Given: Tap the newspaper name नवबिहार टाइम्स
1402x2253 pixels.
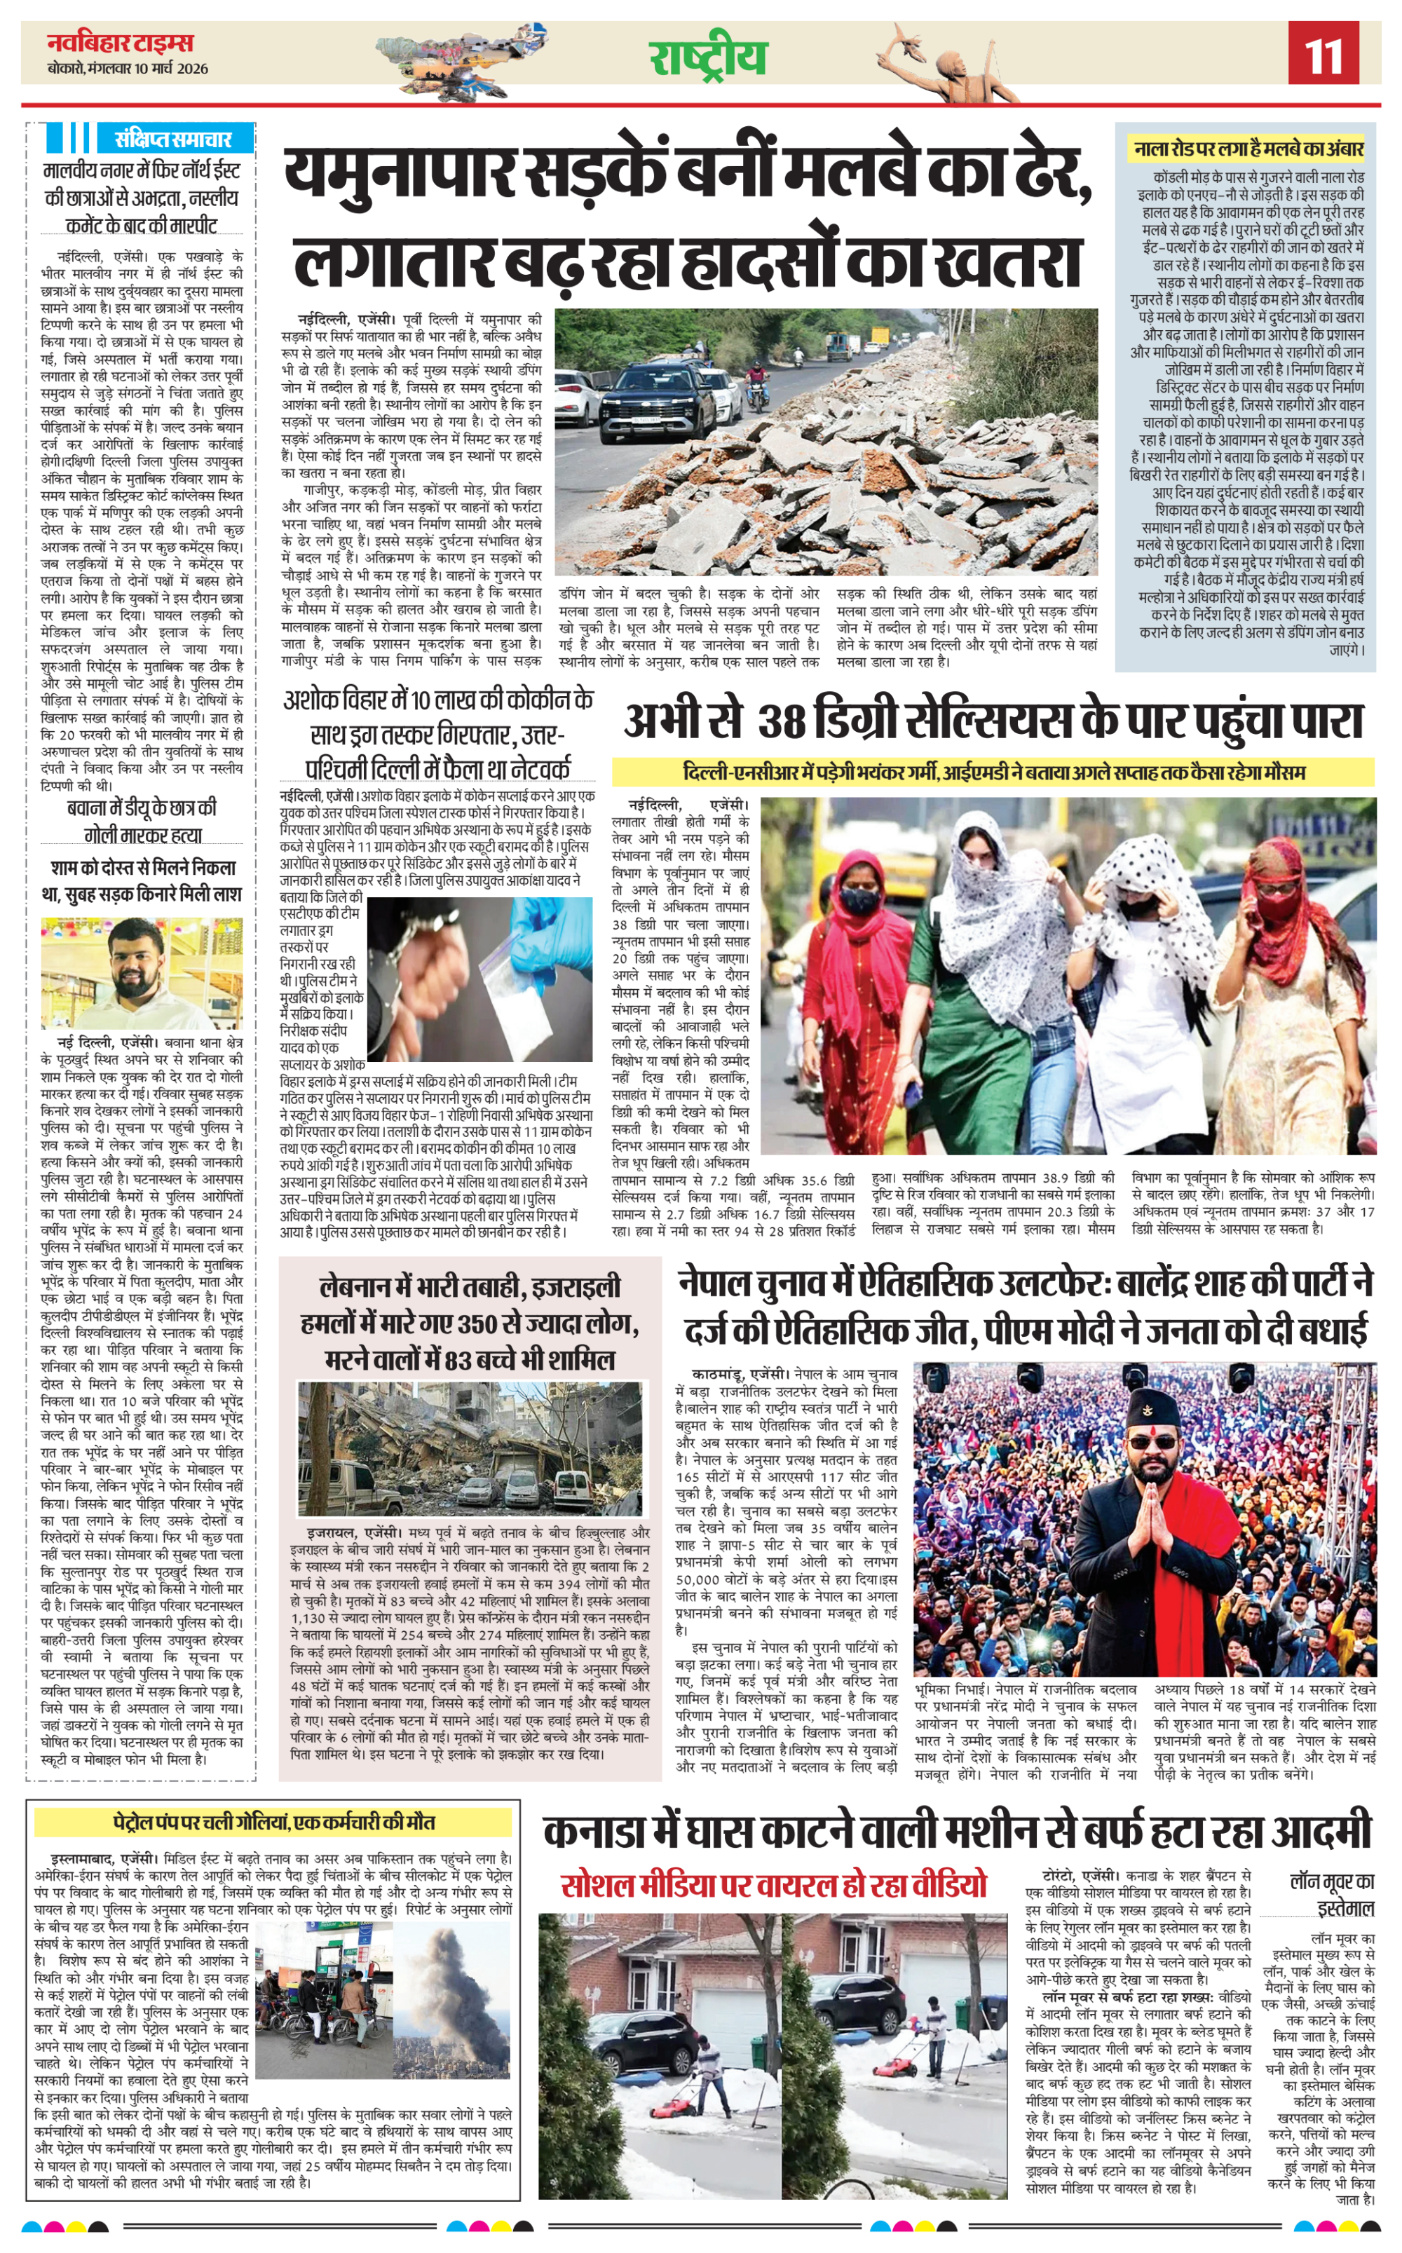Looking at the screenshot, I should coord(121,43).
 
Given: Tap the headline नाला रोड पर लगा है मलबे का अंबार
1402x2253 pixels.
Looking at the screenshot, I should coord(1248,149).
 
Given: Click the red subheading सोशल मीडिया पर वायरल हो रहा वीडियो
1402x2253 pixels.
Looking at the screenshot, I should coord(773,1885).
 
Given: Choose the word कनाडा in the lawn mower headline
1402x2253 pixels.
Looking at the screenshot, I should coord(594,1833).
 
